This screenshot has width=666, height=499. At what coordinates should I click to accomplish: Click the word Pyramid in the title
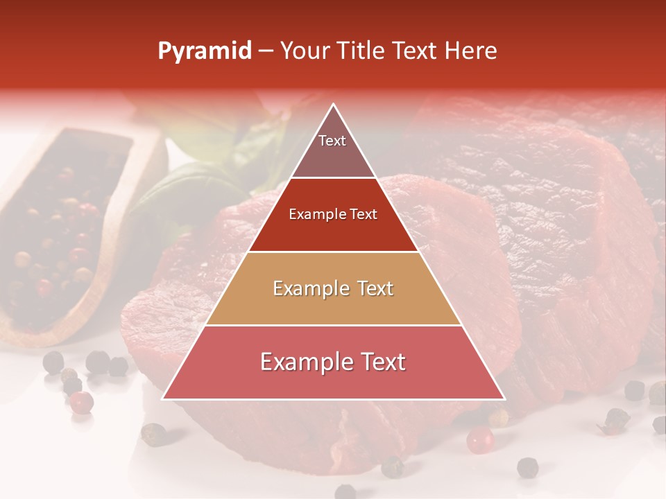coord(204,51)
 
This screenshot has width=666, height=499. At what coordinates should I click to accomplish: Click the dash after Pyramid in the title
coord(266,52)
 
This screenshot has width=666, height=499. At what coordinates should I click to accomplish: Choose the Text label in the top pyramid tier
coord(332,141)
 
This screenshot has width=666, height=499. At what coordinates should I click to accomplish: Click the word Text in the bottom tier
coord(379,362)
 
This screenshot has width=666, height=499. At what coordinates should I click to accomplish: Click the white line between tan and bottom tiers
coord(333,325)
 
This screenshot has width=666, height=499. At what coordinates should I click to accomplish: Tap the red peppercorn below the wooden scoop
coord(83,401)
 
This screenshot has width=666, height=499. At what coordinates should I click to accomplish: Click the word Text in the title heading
coord(419,51)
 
